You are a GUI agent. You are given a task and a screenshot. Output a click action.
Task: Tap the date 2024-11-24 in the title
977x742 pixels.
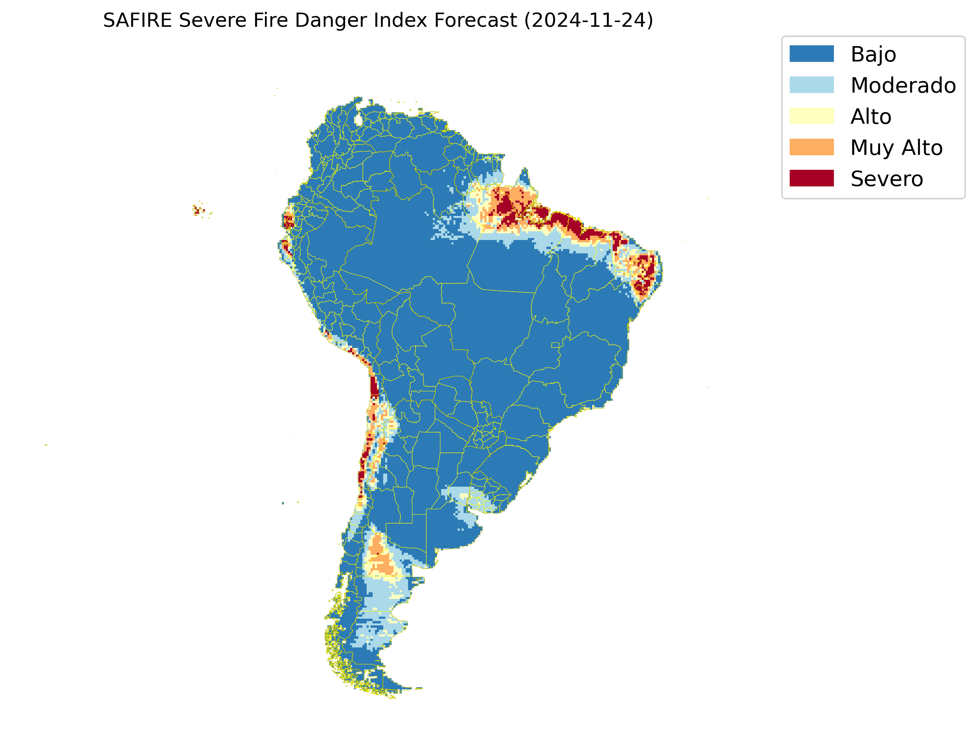click(x=588, y=20)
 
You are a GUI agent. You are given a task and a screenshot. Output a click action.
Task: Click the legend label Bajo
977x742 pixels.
click(x=873, y=54)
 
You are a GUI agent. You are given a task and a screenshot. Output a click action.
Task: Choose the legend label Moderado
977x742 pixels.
click(x=903, y=85)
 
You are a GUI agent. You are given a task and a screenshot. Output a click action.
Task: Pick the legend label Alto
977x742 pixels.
click(x=871, y=117)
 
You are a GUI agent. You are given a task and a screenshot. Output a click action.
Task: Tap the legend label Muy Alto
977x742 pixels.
click(x=896, y=147)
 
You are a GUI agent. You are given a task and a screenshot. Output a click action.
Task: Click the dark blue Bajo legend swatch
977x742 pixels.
click(x=811, y=54)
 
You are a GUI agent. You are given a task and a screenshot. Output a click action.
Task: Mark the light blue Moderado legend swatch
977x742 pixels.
click(x=811, y=85)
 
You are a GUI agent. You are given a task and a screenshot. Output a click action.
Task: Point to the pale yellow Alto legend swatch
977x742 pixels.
click(x=811, y=116)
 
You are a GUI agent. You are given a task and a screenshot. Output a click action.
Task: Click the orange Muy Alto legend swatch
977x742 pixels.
click(x=811, y=147)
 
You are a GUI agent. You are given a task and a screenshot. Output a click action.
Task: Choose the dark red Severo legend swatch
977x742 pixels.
click(x=811, y=179)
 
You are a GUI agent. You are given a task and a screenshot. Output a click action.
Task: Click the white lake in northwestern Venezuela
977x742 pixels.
click(x=358, y=120)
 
